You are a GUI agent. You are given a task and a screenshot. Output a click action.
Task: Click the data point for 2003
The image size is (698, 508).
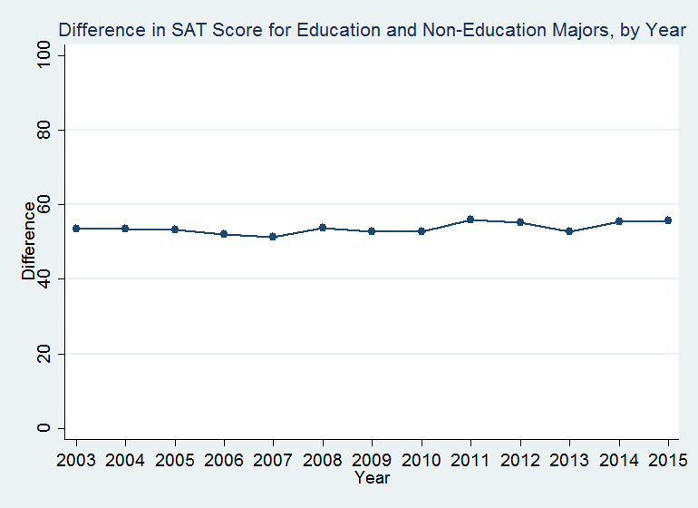click(76, 229)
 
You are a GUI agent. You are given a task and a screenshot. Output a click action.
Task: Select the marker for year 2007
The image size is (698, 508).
click(274, 237)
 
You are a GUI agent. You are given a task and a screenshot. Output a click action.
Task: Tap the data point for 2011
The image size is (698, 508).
click(470, 220)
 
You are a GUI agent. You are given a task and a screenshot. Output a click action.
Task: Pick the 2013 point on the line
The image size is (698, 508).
click(569, 231)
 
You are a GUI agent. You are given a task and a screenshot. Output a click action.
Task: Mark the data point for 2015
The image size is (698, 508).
click(668, 220)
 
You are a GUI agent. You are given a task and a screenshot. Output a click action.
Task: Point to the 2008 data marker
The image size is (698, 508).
click(323, 228)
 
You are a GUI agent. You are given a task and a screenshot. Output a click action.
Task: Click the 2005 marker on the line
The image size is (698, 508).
click(175, 230)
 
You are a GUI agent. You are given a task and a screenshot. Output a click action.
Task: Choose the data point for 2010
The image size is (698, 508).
click(422, 231)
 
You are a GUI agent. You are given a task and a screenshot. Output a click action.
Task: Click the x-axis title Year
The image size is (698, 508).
click(372, 477)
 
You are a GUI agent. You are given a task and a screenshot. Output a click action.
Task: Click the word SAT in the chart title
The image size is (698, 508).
click(194, 31)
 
